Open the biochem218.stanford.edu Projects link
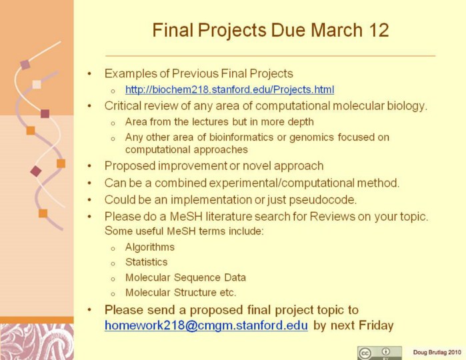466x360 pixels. pos(230,89)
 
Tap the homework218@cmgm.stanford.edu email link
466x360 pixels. pos(206,325)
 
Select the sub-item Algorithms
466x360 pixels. pos(150,247)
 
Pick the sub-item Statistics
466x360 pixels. pos(147,262)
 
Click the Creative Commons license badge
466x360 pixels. pos(379,353)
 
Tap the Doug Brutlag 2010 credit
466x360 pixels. pos(437,352)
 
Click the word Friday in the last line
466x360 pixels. pos(376,325)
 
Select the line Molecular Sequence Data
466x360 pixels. pos(185,277)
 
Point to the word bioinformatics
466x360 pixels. pos(241,137)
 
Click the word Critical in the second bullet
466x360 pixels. pos(122,106)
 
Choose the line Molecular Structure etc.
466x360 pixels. pos(181,293)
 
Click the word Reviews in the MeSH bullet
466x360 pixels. pos(333,217)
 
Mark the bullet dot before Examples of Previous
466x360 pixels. pos(89,73)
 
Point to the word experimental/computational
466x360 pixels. pos(281,183)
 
